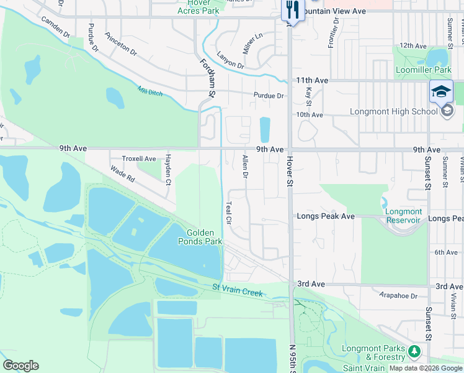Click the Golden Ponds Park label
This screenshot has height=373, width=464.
[200, 236]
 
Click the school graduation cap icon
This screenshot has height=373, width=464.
[441, 92]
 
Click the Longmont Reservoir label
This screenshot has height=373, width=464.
[404, 216]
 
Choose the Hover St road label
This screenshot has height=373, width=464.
[290, 171]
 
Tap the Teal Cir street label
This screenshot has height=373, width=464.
[228, 212]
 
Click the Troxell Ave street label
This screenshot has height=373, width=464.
[139, 159]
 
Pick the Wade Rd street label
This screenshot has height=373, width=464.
[122, 173]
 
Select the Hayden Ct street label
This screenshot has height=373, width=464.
[167, 170]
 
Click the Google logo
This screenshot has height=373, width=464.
[20, 366]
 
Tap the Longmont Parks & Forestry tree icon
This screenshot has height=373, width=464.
[413, 352]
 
